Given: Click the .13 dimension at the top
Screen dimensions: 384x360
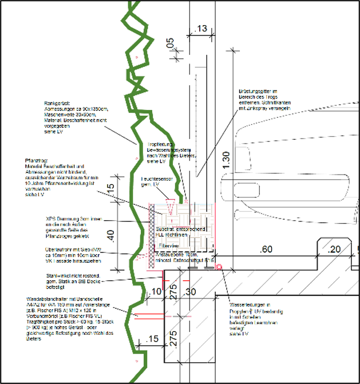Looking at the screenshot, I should [201, 29].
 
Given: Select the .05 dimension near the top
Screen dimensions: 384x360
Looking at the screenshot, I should [169, 43].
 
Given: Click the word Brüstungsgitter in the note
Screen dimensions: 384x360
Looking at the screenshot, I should [252, 91].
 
